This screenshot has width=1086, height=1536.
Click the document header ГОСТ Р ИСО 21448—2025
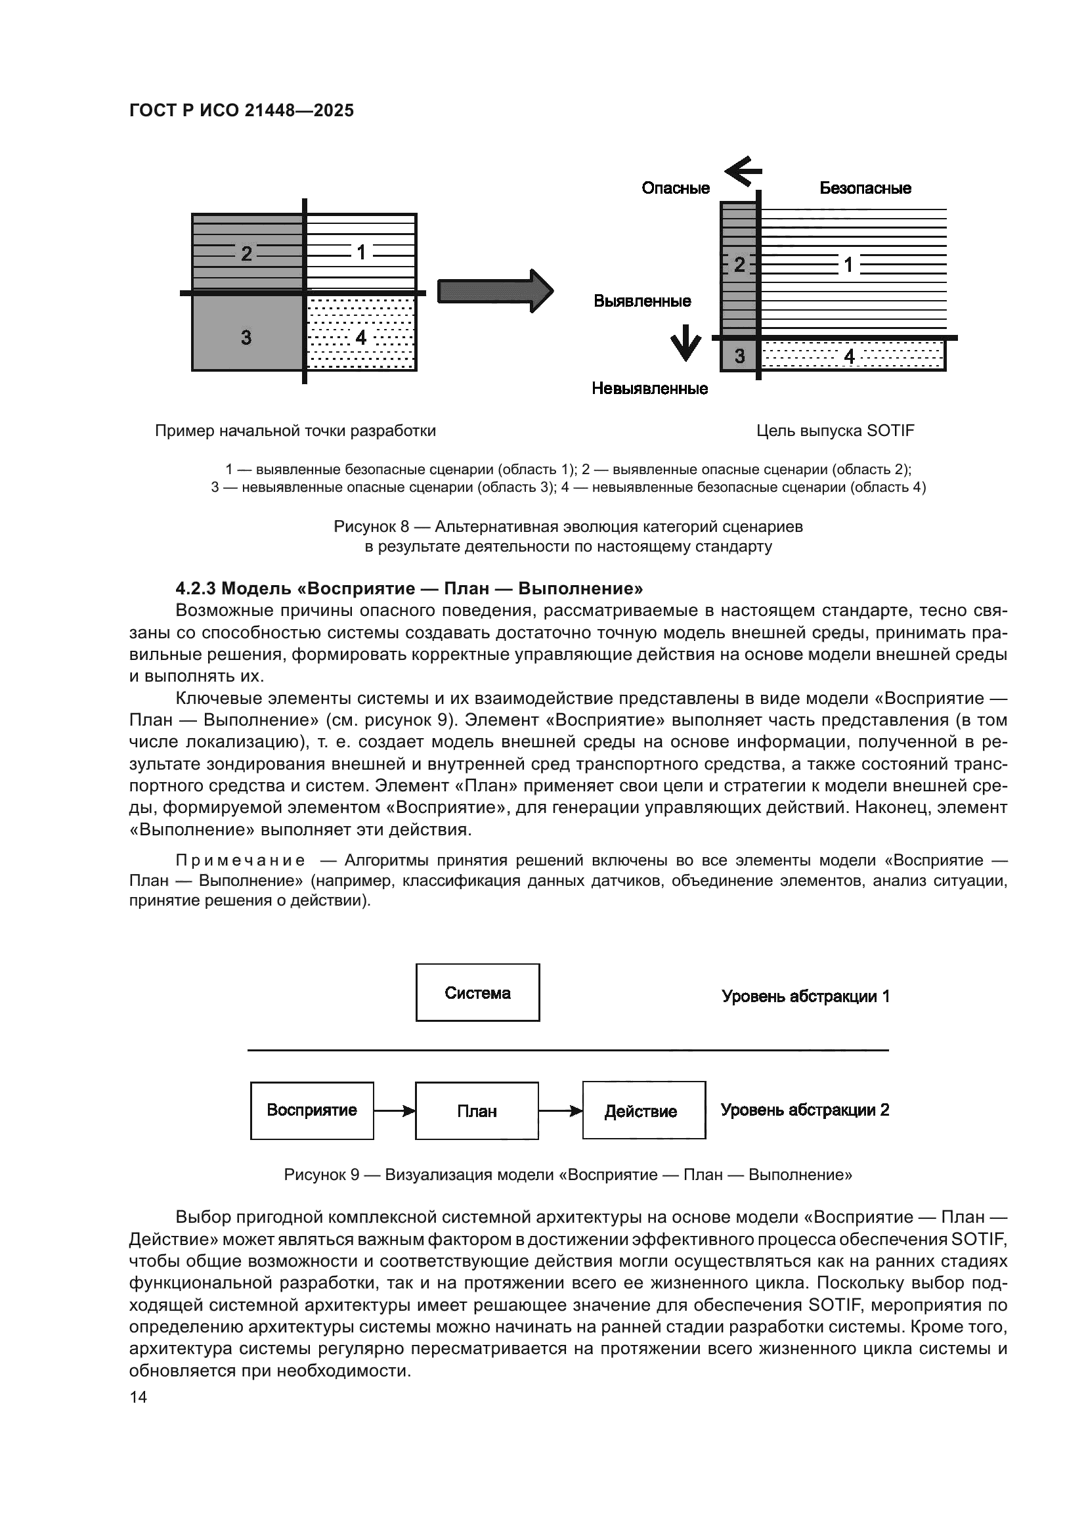click(x=241, y=110)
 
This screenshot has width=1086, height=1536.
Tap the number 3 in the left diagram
click(x=246, y=337)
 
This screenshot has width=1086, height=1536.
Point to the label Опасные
click(x=676, y=188)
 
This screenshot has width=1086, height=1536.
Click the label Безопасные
click(x=865, y=188)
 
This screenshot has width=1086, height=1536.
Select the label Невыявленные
click(x=649, y=389)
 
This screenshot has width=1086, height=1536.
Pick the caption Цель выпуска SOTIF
click(x=835, y=431)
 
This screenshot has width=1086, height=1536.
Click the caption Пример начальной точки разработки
click(x=295, y=431)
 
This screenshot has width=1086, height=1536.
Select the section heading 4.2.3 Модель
click(x=408, y=588)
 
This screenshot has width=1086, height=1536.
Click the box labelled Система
click(x=477, y=993)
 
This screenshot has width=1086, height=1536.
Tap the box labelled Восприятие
click(x=312, y=1110)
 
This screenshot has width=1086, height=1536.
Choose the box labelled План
click(x=477, y=1111)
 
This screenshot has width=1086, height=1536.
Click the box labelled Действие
click(x=643, y=1110)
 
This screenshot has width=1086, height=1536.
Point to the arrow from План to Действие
click(x=560, y=1111)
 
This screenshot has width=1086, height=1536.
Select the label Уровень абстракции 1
click(x=805, y=996)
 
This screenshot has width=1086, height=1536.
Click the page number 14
click(x=138, y=1397)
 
